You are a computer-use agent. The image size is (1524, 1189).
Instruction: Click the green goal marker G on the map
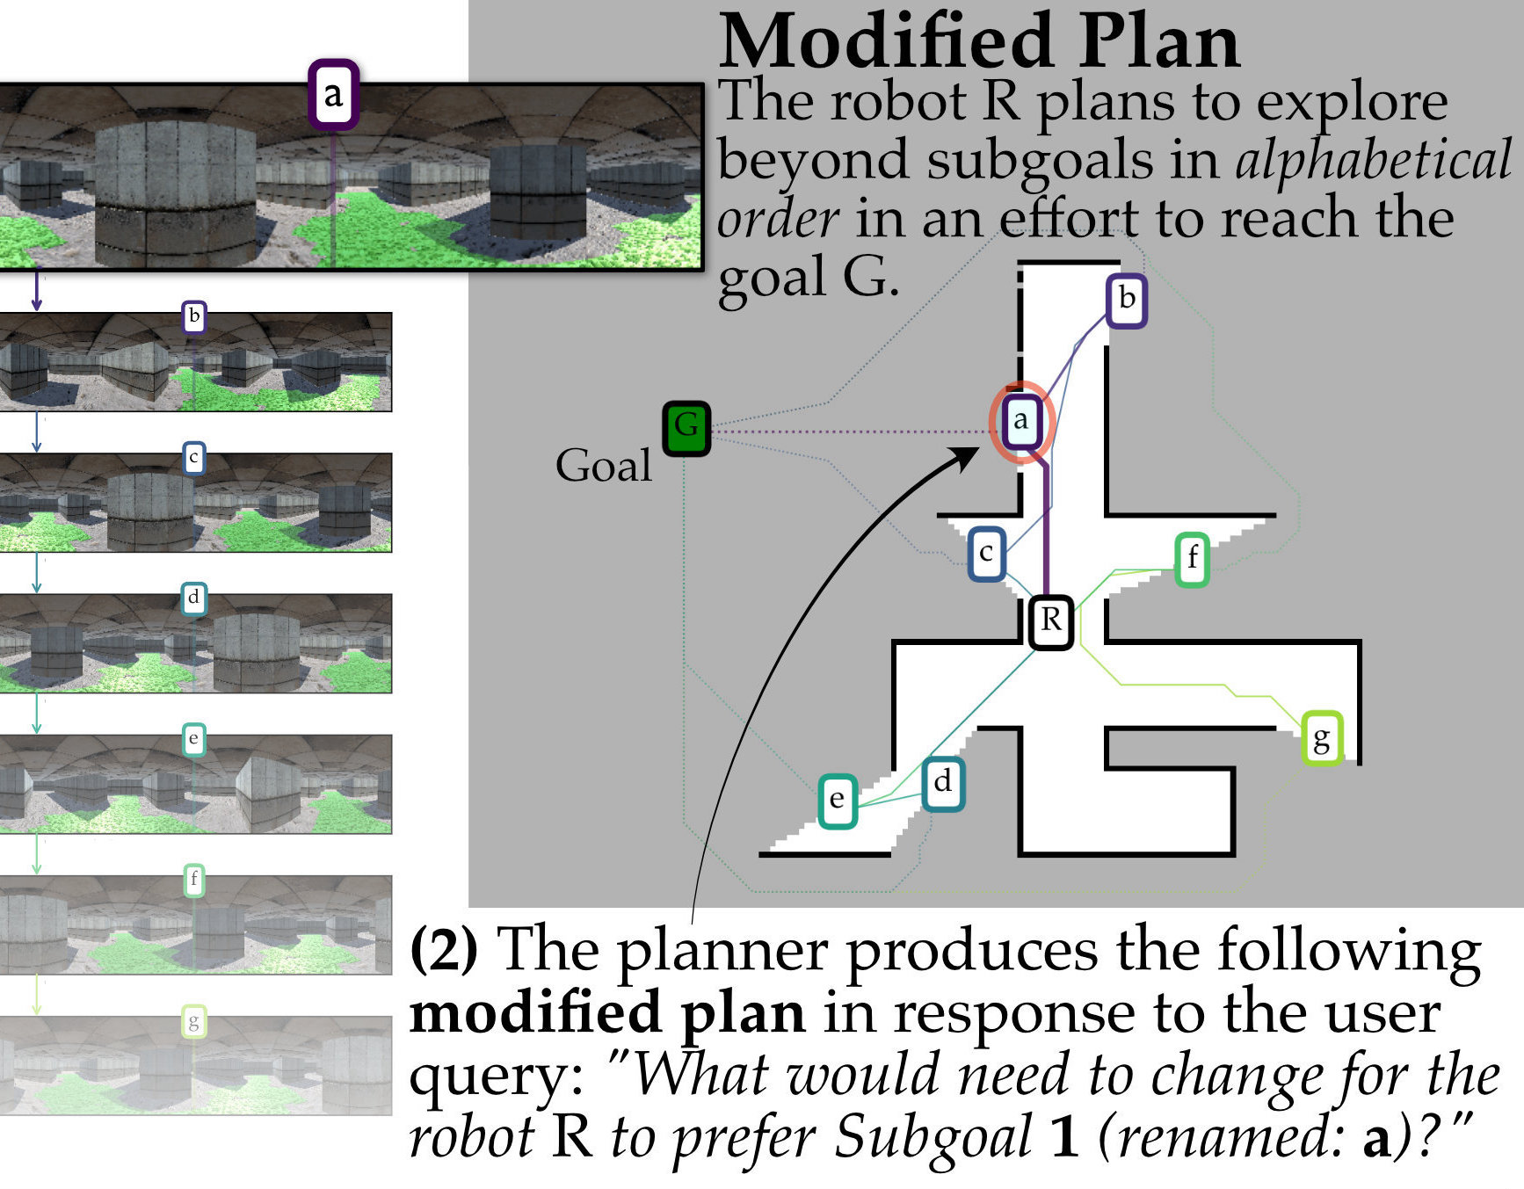pyautogui.click(x=686, y=428)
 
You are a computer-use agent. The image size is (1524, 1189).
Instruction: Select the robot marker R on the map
pyautogui.click(x=1050, y=621)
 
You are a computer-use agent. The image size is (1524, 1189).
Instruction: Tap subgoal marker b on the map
pyautogui.click(x=1126, y=301)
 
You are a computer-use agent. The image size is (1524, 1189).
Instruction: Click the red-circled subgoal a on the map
pyautogui.click(x=1020, y=421)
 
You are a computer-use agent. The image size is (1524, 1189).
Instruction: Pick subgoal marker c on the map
pyautogui.click(x=986, y=554)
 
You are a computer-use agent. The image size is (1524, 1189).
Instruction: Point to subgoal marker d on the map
pyautogui.click(x=943, y=782)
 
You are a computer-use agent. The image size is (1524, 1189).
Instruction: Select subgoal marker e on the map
pyautogui.click(x=837, y=800)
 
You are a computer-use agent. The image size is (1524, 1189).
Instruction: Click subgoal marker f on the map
pyautogui.click(x=1192, y=559)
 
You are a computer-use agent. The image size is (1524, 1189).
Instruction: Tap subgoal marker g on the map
pyautogui.click(x=1321, y=738)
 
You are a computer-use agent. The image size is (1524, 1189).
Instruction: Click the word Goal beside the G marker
pyautogui.click(x=603, y=465)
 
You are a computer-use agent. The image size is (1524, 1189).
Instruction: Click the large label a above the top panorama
pyautogui.click(x=333, y=94)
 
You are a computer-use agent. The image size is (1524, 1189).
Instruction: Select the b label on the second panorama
pyautogui.click(x=194, y=316)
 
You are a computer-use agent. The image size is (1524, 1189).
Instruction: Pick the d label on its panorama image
pyautogui.click(x=193, y=598)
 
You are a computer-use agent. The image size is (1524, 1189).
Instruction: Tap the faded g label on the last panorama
pyautogui.click(x=193, y=1022)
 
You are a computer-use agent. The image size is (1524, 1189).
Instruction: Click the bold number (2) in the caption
pyautogui.click(x=445, y=950)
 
